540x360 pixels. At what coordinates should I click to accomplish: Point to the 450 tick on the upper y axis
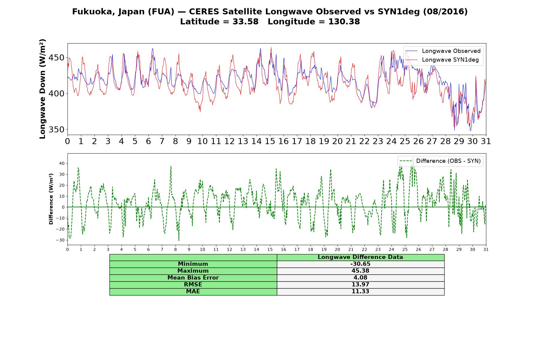click(57, 58)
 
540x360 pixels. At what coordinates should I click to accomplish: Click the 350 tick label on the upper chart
click(57, 130)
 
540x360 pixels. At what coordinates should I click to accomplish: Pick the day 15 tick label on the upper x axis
click(270, 141)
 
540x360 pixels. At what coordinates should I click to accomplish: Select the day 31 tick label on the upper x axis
click(486, 141)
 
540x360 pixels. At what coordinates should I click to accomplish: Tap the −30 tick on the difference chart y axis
click(61, 240)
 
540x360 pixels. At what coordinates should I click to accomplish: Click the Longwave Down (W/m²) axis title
click(43, 89)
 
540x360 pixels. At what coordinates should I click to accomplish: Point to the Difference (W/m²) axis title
click(51, 199)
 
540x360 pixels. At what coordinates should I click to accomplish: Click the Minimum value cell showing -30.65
click(360, 264)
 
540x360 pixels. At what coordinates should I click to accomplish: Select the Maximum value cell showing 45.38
click(360, 271)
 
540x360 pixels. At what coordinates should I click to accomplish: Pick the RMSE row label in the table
click(193, 285)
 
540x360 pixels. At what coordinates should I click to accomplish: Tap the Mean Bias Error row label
click(193, 278)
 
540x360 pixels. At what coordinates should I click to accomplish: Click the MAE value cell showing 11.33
click(360, 292)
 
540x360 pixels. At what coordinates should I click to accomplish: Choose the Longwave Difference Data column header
click(360, 257)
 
